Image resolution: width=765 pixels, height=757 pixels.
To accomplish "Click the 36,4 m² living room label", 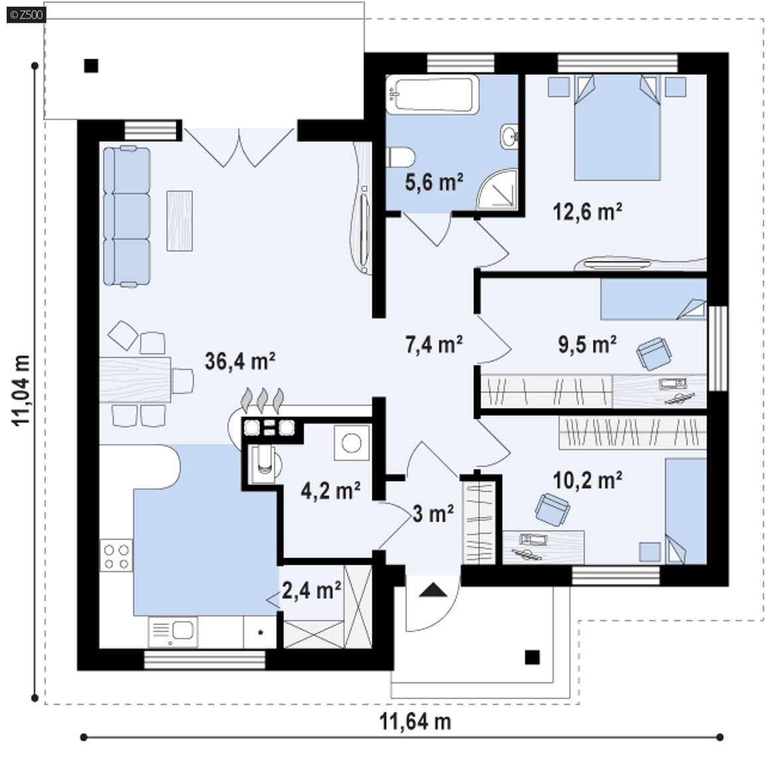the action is pyautogui.click(x=240, y=361).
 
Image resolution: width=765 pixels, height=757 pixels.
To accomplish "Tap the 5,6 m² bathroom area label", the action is pyautogui.click(x=434, y=181).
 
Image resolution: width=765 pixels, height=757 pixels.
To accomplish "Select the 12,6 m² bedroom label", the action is pyautogui.click(x=587, y=211).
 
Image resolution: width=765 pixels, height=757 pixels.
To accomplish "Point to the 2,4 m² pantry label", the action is pyautogui.click(x=311, y=590).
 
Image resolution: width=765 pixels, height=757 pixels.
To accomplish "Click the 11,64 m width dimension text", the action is pyautogui.click(x=415, y=721).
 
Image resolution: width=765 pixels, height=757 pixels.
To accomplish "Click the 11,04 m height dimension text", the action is pyautogui.click(x=22, y=391).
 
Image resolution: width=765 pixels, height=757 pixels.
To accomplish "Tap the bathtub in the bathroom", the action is pyautogui.click(x=433, y=95).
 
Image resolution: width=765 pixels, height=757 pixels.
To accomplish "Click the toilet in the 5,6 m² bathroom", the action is pyautogui.click(x=400, y=158).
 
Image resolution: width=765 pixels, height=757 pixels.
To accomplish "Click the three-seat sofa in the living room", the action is pyautogui.click(x=126, y=216).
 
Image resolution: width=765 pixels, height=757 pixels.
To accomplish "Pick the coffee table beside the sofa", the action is pyautogui.click(x=179, y=221).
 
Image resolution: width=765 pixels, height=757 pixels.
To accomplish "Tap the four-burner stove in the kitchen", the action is pyautogui.click(x=116, y=556).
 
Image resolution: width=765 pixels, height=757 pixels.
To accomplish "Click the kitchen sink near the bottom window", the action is pyautogui.click(x=173, y=631).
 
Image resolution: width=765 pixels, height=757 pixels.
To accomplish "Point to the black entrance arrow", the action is pyautogui.click(x=433, y=590).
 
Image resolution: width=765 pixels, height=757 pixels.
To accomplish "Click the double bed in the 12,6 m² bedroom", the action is pyautogui.click(x=617, y=128).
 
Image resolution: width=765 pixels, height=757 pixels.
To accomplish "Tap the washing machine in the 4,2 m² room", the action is pyautogui.click(x=352, y=443).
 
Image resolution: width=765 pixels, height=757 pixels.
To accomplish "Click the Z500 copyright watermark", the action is pyautogui.click(x=27, y=15).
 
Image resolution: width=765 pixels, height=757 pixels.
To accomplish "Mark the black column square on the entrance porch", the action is pyautogui.click(x=533, y=657).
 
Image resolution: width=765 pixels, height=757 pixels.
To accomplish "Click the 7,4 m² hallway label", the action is pyautogui.click(x=434, y=344).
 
